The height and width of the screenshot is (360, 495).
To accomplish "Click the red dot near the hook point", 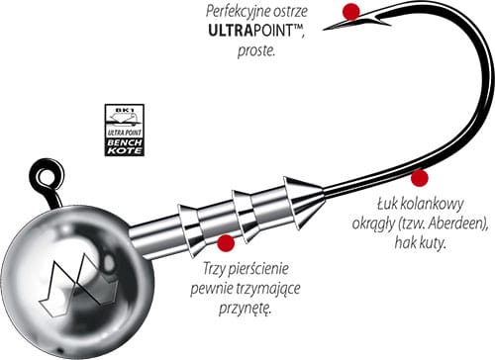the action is coord(350,12).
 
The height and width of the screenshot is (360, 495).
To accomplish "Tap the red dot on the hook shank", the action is coord(420,178).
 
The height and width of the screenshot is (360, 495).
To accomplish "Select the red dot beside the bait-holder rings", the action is coord(226,243).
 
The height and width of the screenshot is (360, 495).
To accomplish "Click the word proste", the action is coord(256,51).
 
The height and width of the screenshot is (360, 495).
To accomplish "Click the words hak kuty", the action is coord(421,243).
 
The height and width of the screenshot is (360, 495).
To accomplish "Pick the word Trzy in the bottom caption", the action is coord(214,269).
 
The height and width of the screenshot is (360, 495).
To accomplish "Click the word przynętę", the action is coord(245,309).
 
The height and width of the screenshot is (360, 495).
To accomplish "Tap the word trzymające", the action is coord(268,289).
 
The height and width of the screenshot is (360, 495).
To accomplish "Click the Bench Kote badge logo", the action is coord(125,130).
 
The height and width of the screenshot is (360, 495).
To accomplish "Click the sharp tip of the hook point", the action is coord(324,30).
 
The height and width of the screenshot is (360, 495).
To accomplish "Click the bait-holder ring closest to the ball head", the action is coord(190,229).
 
